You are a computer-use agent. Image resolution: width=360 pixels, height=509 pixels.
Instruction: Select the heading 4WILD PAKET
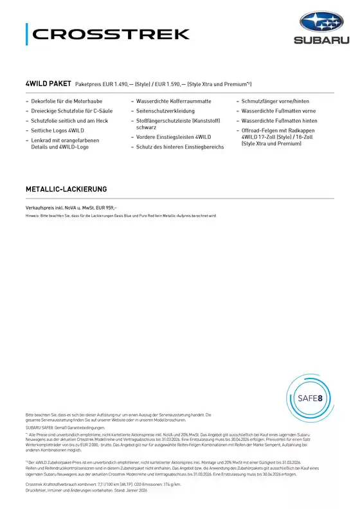(48, 84)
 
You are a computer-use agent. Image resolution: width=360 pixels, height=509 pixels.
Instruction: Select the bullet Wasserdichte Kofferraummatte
(174, 102)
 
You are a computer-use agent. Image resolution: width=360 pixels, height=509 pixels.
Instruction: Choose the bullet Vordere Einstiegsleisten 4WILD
(174, 138)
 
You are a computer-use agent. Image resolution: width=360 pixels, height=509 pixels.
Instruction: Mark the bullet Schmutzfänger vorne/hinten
(275, 102)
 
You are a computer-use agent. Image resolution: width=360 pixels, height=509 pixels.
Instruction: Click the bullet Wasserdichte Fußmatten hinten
(279, 121)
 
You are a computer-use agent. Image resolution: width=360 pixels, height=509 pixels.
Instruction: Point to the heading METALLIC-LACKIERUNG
(66, 190)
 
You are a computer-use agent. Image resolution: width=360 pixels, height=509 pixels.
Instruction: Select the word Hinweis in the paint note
(32, 217)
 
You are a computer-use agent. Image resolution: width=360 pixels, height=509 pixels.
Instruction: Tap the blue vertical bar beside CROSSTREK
(27, 34)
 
